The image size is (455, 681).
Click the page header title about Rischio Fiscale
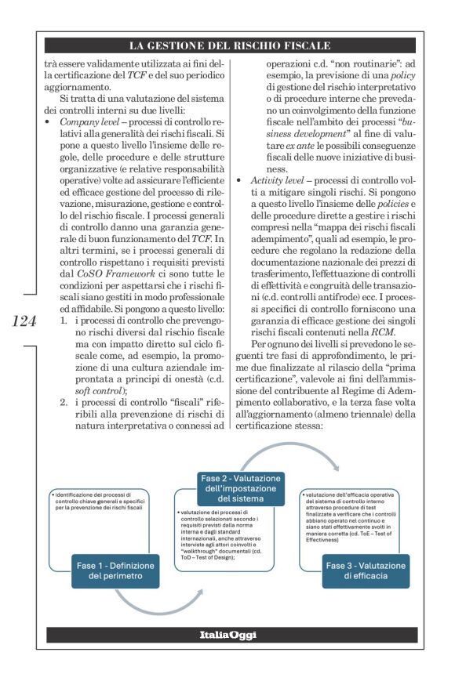point(229,46)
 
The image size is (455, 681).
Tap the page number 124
point(22,321)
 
